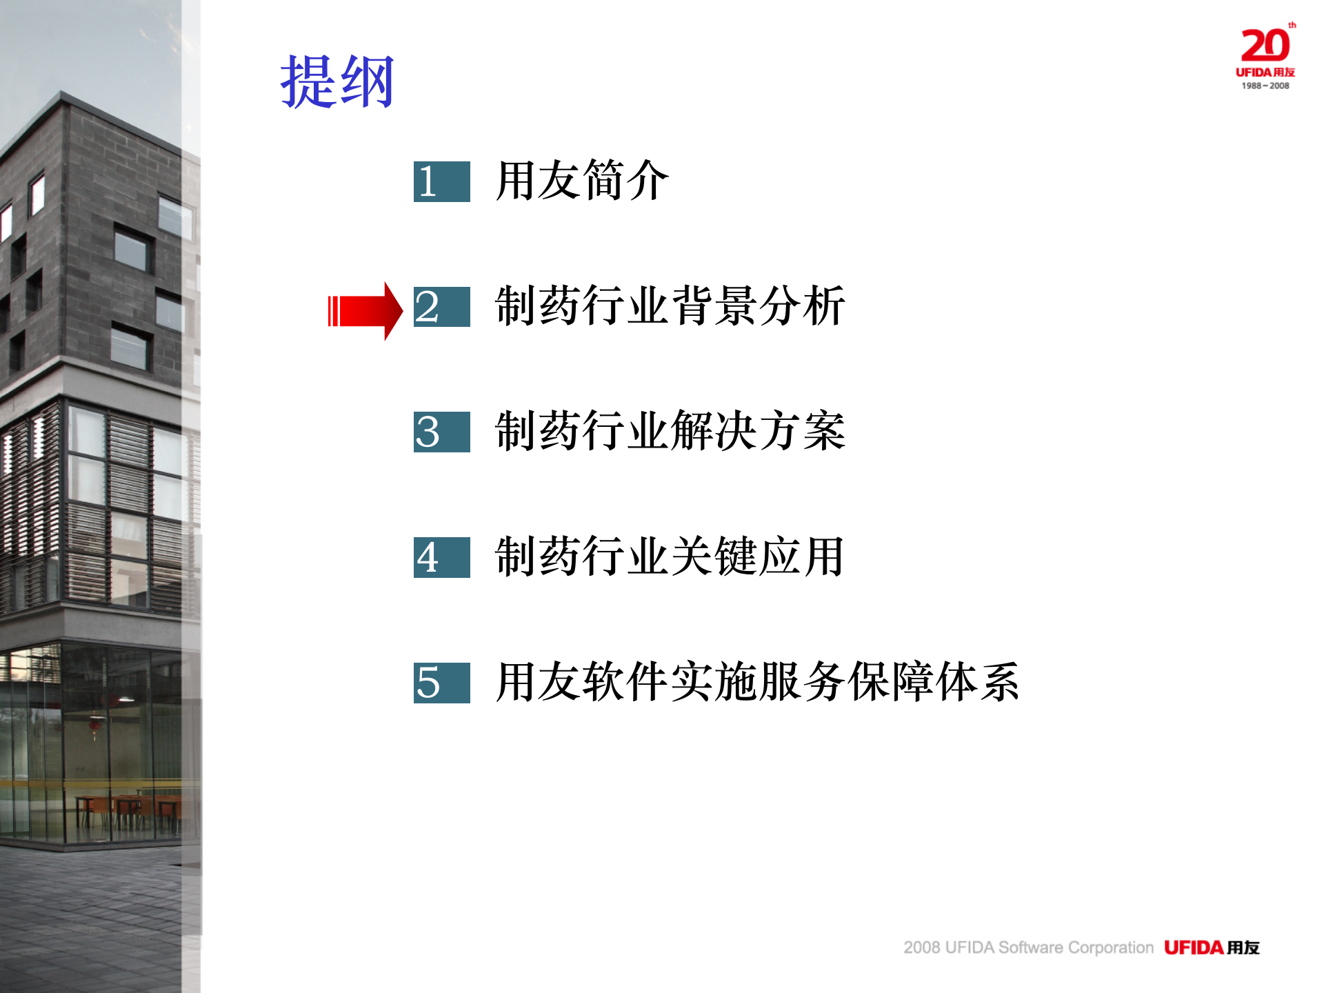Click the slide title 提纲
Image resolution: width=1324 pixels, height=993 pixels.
(337, 82)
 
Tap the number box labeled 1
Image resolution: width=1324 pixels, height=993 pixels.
(441, 181)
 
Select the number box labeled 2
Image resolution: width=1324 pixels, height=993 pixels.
(441, 307)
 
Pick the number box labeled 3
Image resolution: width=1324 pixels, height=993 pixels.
(441, 432)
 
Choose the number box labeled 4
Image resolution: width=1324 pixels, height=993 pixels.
(441, 557)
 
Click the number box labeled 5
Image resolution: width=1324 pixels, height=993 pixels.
(441, 683)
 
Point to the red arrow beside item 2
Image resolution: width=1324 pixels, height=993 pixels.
(365, 311)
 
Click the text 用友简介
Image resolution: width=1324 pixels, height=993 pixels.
(582, 181)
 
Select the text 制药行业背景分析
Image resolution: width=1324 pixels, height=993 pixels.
(670, 306)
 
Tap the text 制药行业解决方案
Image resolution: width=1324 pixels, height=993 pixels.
(670, 432)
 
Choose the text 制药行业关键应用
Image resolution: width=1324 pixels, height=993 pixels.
(670, 556)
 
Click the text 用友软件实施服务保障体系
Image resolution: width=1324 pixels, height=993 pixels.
(757, 682)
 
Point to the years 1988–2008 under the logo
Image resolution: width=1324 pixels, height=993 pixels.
(1265, 86)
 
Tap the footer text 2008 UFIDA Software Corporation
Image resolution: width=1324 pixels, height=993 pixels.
(1028, 947)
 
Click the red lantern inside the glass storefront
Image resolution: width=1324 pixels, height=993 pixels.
(95, 725)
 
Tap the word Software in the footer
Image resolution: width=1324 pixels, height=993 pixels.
(1030, 947)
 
